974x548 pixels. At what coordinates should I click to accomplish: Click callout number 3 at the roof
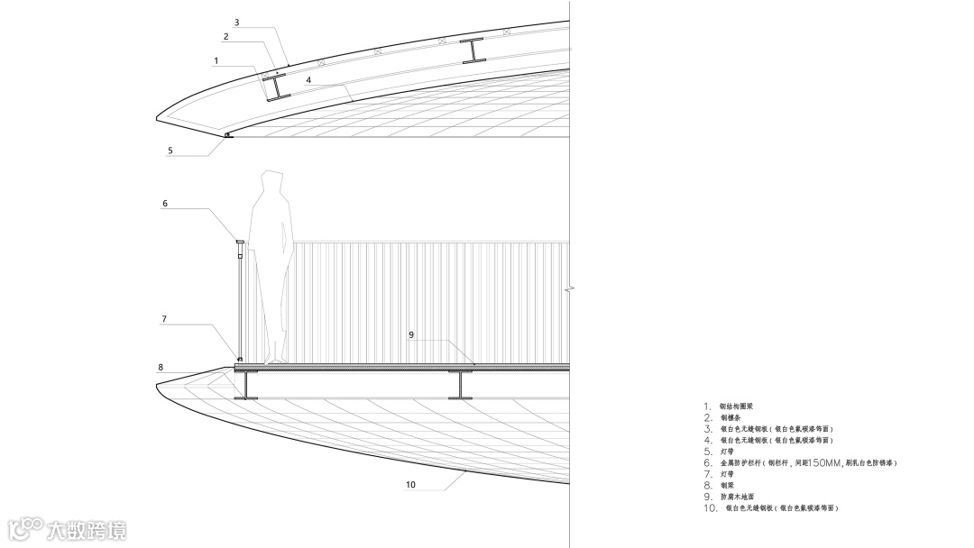236,22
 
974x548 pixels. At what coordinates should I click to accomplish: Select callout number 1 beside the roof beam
216,61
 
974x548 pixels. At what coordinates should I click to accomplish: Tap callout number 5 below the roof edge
170,151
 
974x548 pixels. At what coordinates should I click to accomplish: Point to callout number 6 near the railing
165,204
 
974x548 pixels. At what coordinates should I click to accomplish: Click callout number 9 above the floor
410,334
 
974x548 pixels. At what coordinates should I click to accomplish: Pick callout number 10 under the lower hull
410,484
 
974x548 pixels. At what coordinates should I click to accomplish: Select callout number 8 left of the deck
161,367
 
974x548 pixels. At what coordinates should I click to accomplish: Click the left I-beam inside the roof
275,87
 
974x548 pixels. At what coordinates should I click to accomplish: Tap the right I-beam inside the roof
473,51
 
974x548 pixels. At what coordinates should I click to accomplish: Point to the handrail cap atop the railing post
240,242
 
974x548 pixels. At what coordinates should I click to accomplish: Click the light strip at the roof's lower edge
226,135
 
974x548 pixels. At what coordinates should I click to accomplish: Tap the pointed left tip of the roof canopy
158,117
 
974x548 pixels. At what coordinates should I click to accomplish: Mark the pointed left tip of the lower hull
158,385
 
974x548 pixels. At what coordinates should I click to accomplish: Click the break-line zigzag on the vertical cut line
570,289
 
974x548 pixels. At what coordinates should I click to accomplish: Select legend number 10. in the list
710,509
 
